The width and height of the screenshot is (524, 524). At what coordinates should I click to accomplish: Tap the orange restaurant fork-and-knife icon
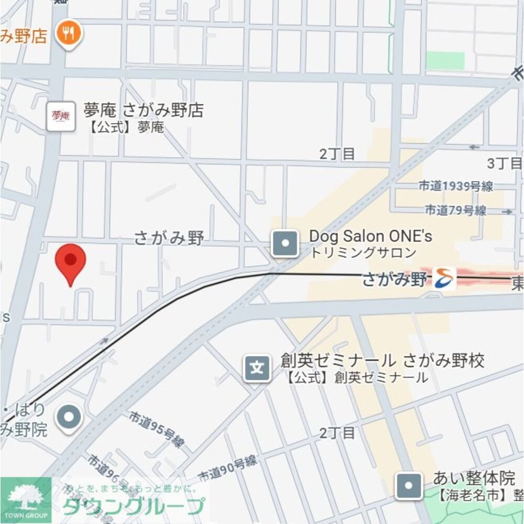[x=69, y=34]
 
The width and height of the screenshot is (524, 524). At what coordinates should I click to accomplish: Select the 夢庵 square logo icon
[x=61, y=116]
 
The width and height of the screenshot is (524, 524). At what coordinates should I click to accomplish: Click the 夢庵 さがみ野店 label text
[x=143, y=111]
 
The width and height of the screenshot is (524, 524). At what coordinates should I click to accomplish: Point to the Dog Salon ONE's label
[x=370, y=236]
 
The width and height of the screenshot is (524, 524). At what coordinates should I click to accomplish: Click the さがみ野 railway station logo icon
[x=444, y=279]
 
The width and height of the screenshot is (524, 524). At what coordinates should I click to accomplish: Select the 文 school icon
[x=257, y=368]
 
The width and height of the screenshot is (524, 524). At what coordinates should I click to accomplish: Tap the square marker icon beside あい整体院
[x=409, y=486]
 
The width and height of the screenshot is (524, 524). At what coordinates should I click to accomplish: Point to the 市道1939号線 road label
[x=456, y=186]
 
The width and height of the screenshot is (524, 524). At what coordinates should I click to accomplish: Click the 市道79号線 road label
[x=455, y=211]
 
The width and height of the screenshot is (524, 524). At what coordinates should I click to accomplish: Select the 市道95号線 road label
[x=157, y=430]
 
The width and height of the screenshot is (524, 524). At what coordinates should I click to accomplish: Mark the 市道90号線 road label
[x=227, y=468]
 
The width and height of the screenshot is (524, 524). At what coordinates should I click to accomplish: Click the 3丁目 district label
[x=504, y=163]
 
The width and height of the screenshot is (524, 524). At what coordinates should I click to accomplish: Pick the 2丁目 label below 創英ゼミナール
[x=337, y=433]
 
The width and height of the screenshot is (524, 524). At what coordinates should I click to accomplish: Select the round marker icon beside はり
[x=69, y=418]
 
